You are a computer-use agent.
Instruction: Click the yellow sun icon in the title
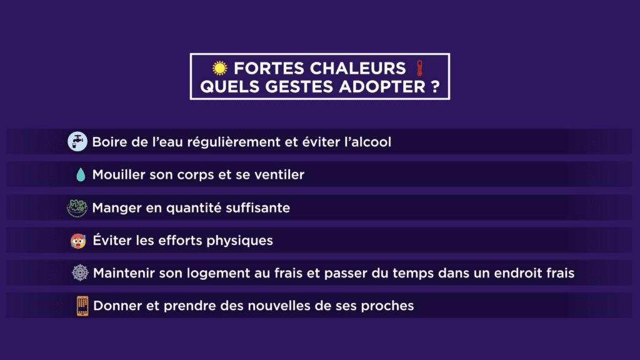(x=219, y=68)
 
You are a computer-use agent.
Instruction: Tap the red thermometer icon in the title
(x=419, y=68)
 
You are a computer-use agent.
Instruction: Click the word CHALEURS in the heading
(x=357, y=68)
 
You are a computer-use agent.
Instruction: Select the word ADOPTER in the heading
(x=382, y=86)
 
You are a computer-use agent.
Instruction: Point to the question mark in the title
(x=435, y=86)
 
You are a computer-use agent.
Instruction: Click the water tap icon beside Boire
(x=77, y=142)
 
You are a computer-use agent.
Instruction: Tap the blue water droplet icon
(x=81, y=175)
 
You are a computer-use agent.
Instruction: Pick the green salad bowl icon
(x=77, y=207)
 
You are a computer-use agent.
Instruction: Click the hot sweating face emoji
(x=78, y=241)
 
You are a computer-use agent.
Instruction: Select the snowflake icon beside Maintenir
(x=80, y=272)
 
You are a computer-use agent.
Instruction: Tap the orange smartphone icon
(x=82, y=306)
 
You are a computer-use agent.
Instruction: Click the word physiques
(x=239, y=241)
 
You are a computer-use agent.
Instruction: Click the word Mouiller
(x=119, y=175)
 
